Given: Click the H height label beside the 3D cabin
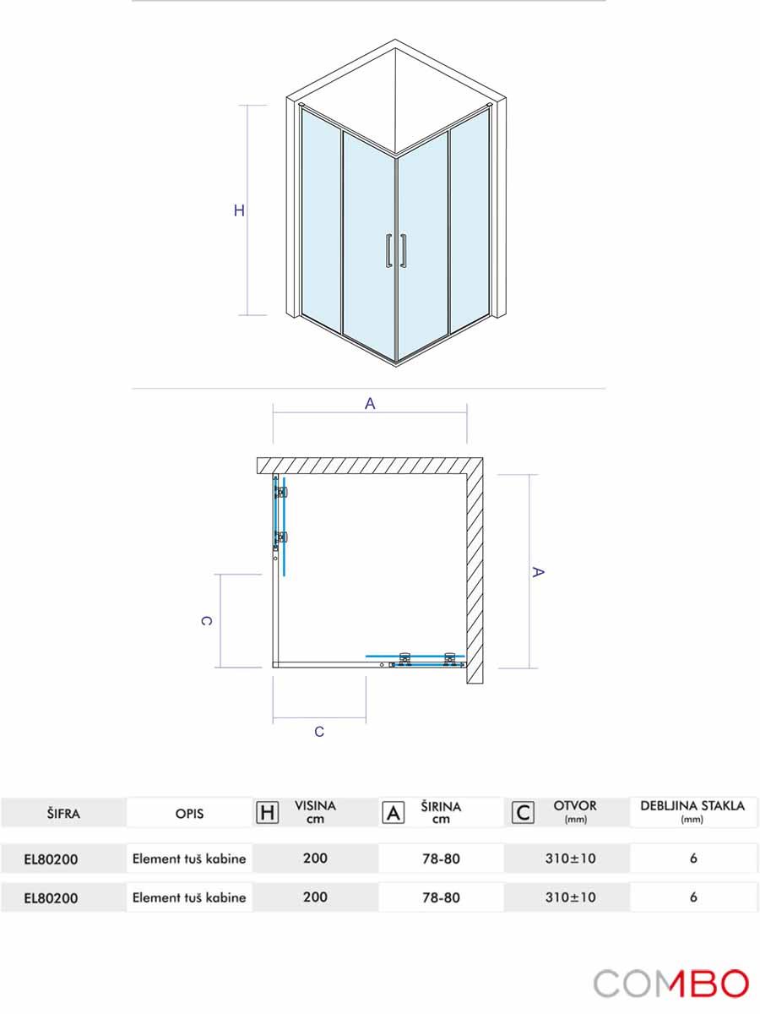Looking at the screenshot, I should [x=239, y=211].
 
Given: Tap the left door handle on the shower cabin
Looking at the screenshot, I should [x=388, y=250].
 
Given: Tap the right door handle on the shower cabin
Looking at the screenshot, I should [x=405, y=250].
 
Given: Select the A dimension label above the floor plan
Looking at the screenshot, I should [x=370, y=404].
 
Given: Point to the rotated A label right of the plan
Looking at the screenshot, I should [x=538, y=572].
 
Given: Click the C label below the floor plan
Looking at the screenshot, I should [x=319, y=732].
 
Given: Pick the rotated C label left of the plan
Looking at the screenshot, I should [x=206, y=620].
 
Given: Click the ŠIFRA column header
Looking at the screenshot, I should [x=63, y=813].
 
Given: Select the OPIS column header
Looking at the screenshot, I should [x=189, y=813].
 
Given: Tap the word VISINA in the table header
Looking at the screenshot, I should [x=315, y=806].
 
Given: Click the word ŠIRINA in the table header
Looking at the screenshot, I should [x=441, y=806].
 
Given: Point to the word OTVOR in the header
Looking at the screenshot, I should [x=574, y=806].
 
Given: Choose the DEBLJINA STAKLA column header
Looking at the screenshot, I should [x=692, y=806].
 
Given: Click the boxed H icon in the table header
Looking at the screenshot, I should [x=267, y=813].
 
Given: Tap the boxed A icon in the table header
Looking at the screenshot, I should [x=393, y=813].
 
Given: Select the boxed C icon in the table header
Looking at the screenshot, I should [x=524, y=813].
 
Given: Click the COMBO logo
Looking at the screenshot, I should [x=670, y=984].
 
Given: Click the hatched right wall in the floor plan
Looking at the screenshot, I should [x=474, y=575].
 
